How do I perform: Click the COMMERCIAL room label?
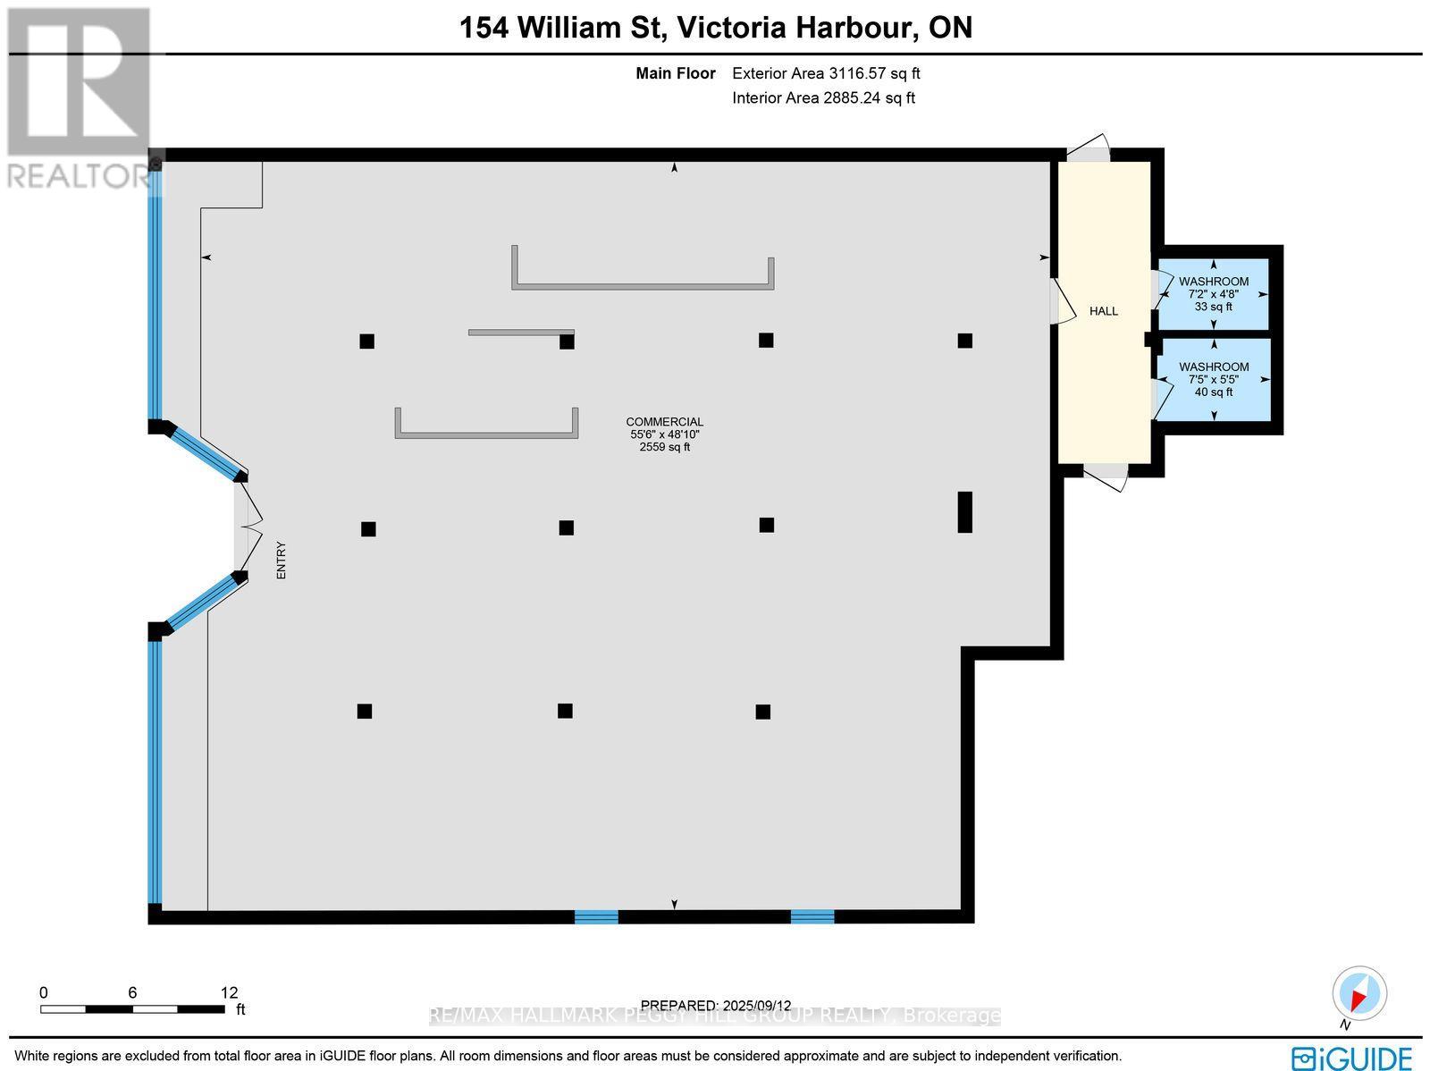[x=664, y=422]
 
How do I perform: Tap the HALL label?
[x=1104, y=311]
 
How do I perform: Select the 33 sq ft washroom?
[x=1213, y=294]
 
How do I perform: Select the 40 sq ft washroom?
[x=1213, y=379]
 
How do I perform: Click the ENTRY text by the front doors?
[x=281, y=561]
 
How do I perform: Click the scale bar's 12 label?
[x=229, y=992]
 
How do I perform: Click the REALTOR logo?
[x=79, y=98]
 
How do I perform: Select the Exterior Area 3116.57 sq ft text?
[x=826, y=74]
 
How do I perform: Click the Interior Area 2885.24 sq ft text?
[x=823, y=98]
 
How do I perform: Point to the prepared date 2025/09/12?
[x=716, y=1005]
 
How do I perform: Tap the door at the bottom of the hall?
[x=1105, y=475]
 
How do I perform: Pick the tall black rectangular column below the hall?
[x=964, y=511]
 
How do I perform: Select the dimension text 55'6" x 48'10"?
[x=664, y=434]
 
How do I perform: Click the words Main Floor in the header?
[x=676, y=74]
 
